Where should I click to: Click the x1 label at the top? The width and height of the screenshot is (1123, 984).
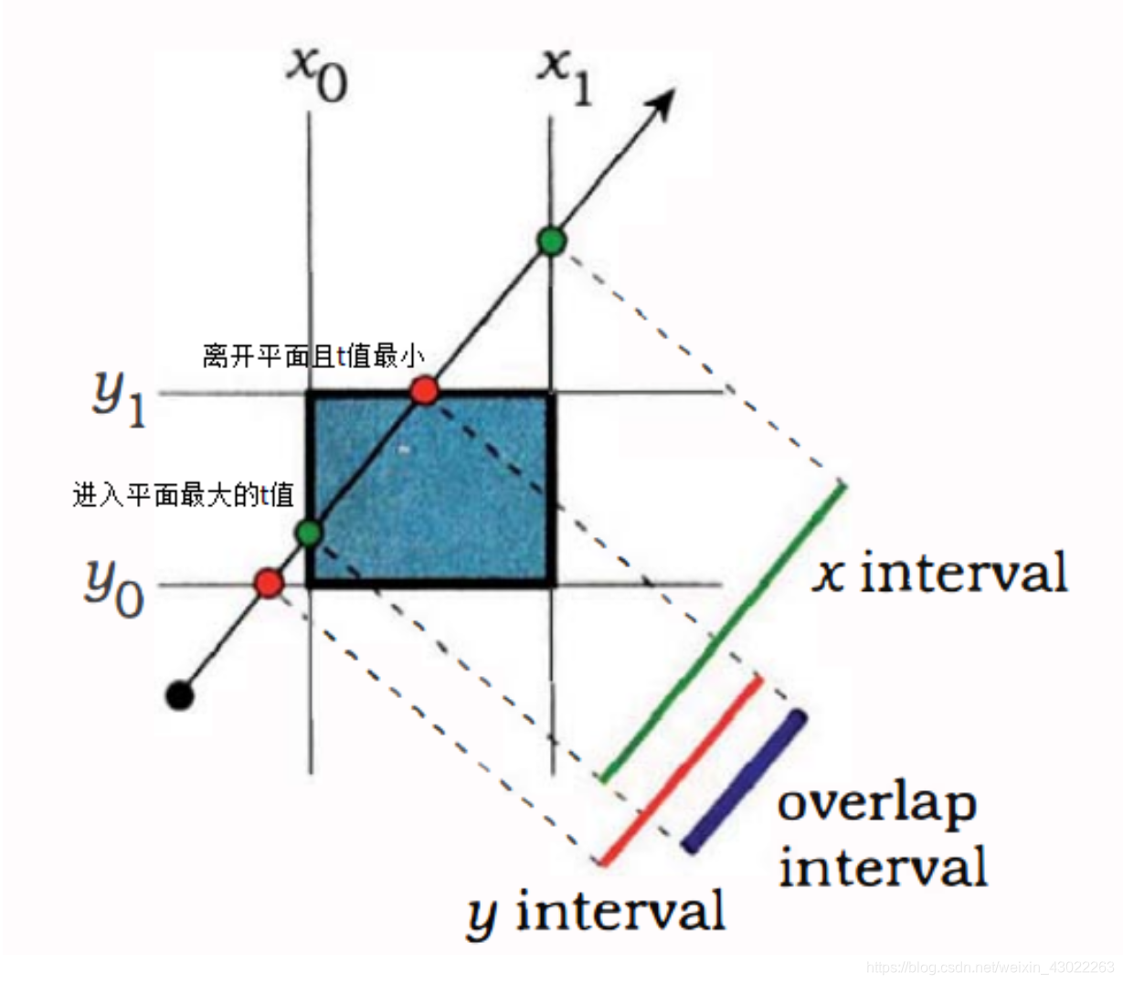pos(564,75)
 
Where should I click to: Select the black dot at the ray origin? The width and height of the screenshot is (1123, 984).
pos(180,695)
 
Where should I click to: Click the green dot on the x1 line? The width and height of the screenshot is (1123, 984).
pos(551,240)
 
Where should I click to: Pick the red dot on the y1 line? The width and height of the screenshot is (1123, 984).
pos(424,391)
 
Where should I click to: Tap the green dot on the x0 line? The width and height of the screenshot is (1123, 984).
pos(310,533)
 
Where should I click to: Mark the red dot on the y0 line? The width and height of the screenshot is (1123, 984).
pos(269,583)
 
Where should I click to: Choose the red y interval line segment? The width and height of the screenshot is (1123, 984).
pos(681,770)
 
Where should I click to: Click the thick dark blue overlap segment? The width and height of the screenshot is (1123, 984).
pos(745,782)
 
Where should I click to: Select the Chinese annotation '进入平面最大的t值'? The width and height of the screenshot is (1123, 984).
pos(183,496)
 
